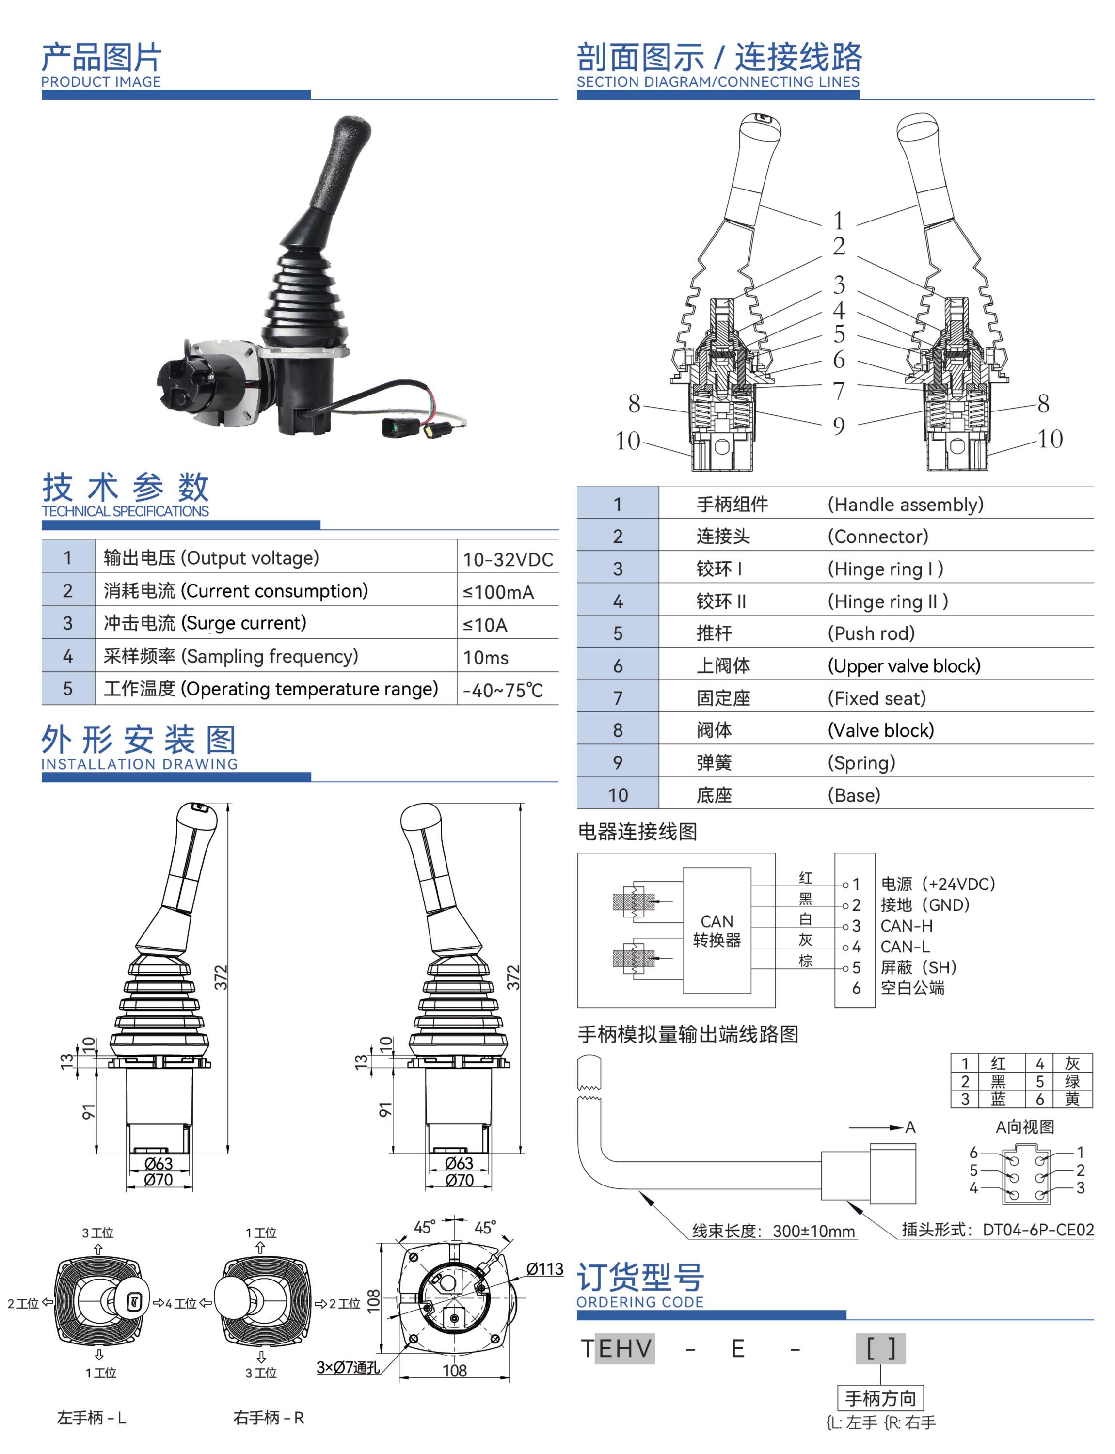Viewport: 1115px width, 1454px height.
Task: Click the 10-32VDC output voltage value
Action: click(508, 559)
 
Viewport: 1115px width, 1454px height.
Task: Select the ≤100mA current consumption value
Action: click(498, 592)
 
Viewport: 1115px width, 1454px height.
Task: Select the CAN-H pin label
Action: click(906, 926)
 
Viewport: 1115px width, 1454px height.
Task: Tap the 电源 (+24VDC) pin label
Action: click(937, 884)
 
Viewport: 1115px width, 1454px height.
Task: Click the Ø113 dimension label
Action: click(544, 1269)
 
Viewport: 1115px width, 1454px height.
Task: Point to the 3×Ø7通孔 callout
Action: click(348, 1367)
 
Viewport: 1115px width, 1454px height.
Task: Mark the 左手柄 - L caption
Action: click(92, 1418)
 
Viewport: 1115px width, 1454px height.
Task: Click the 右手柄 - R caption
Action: click(268, 1418)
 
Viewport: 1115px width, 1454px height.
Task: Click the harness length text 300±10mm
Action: click(813, 1231)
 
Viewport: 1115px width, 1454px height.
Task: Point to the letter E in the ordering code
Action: click(737, 1349)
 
